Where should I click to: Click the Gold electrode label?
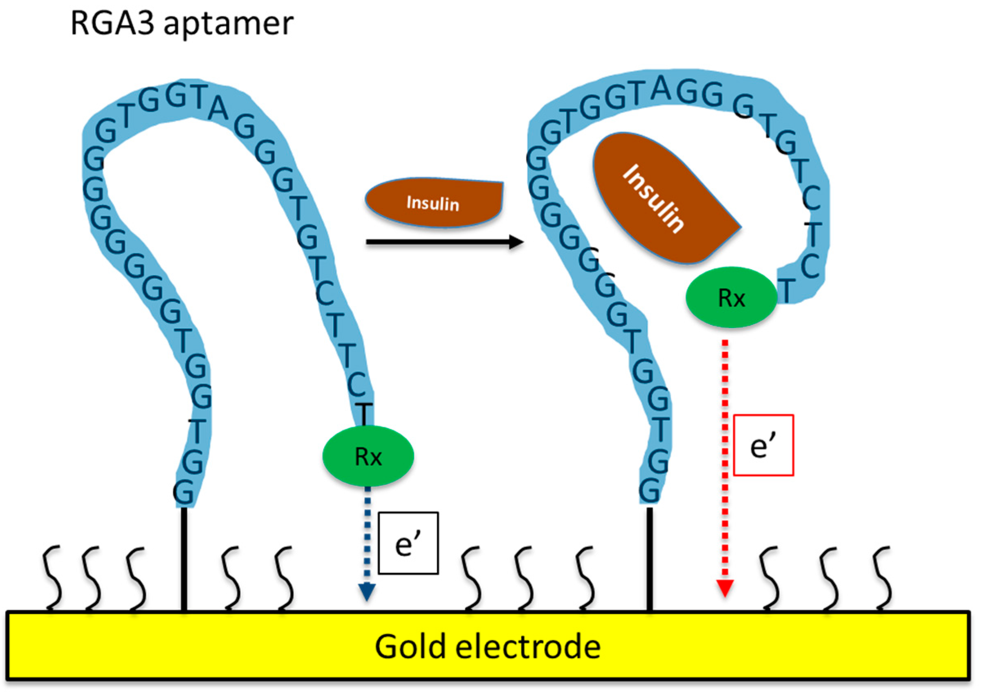click(x=488, y=647)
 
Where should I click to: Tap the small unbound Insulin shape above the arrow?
click(x=433, y=203)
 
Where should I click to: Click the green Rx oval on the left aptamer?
click(x=368, y=456)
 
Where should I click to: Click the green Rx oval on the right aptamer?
click(x=731, y=297)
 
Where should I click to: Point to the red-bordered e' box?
click(x=763, y=445)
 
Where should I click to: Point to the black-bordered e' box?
click(x=408, y=543)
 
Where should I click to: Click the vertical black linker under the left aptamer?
click(x=184, y=560)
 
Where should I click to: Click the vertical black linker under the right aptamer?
click(x=649, y=560)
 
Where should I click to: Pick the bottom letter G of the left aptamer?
click(x=183, y=493)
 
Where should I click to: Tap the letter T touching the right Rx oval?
click(x=787, y=289)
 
